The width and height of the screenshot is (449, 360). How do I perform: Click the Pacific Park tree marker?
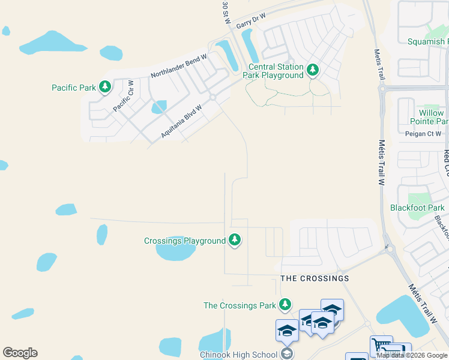point(105,88)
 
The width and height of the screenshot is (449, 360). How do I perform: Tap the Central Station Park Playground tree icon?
point(312,70)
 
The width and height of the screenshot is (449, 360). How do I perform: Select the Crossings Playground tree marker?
point(235,241)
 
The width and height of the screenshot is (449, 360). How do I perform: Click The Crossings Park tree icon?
point(286,305)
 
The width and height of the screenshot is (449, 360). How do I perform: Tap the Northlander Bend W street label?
point(178,65)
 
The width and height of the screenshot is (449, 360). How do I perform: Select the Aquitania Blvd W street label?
point(181,120)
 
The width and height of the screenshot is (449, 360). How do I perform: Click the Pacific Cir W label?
point(123,96)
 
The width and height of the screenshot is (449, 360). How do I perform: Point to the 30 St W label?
point(226,13)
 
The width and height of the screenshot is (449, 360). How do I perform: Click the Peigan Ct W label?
point(423,134)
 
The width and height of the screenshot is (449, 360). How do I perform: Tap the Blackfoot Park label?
point(417,208)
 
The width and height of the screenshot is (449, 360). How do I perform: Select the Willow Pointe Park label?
point(431,117)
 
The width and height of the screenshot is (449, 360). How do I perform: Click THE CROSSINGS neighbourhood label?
point(315,278)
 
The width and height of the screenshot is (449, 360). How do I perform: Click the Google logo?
point(20,353)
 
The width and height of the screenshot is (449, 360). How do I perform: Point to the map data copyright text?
point(411,355)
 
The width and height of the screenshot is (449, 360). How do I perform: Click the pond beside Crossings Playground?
point(175,249)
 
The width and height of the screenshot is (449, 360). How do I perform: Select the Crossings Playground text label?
point(185,241)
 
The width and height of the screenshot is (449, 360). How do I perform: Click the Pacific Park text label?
point(73,88)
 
